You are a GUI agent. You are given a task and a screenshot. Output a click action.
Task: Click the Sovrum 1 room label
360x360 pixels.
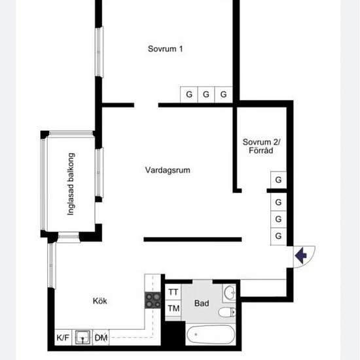coord(166,48)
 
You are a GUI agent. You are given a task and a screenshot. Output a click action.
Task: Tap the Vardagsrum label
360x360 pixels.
coord(168,170)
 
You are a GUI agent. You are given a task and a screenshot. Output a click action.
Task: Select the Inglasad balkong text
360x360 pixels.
coord(71,184)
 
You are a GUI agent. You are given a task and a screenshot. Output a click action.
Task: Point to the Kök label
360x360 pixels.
coord(100,301)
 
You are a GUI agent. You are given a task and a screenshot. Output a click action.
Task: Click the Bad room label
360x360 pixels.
coord(202,303)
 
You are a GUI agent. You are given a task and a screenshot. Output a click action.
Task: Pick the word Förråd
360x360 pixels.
coord(261,151)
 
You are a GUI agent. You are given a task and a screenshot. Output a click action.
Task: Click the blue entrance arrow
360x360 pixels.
coord(301,255)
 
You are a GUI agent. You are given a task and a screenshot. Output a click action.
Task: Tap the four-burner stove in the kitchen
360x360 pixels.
coord(153,300)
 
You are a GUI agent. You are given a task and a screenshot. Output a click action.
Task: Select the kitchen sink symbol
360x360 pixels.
coord(82,337)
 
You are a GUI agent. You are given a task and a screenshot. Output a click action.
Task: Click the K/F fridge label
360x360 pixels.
coord(63,338)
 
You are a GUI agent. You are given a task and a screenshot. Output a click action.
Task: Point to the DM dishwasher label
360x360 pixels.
coord(101,338)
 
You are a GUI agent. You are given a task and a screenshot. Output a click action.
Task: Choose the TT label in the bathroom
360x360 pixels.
coord(173,292)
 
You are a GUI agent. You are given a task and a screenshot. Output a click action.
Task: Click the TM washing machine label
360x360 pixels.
coord(173,308)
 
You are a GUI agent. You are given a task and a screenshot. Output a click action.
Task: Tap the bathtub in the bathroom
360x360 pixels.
coord(211,334)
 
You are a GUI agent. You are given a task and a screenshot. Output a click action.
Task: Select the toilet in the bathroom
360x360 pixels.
coord(227,312)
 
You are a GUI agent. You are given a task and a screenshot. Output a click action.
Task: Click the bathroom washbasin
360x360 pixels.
coord(230,293)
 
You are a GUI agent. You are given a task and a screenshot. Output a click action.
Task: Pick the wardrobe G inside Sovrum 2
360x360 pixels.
coord(278,179)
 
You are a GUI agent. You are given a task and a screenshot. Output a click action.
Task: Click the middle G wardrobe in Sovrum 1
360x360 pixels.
coord(206,94)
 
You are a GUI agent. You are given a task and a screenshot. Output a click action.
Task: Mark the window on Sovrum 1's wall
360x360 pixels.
coord(99,52)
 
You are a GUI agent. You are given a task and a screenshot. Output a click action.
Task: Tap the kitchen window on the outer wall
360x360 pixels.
coord(52,265)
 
